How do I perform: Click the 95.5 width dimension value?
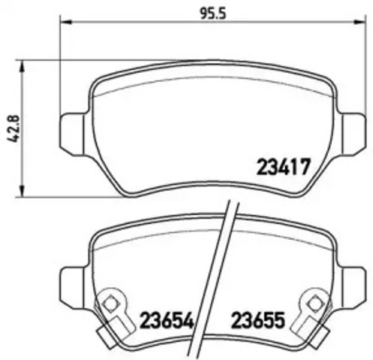pos(213,13)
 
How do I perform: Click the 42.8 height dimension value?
pos(14,129)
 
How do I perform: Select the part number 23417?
pos(284,166)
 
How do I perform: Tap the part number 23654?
pos(167,320)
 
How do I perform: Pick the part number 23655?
pos(258,320)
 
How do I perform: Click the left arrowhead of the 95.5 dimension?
pos(66,22)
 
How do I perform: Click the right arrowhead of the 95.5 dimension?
pos(359,22)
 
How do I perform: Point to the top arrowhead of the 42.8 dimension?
pos(23,67)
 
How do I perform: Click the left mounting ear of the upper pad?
pos(74,134)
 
